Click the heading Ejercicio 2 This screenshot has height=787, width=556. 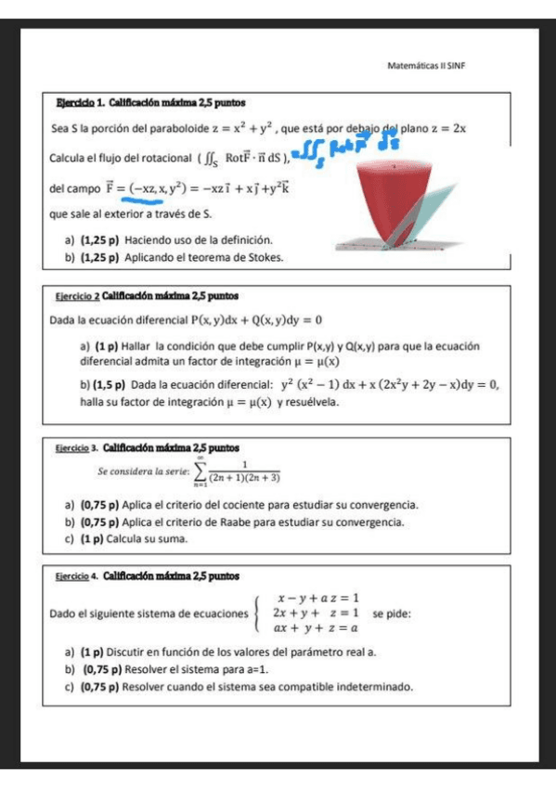78,297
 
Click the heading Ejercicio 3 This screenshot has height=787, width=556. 77,447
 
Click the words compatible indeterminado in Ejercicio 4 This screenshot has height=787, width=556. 347,688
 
